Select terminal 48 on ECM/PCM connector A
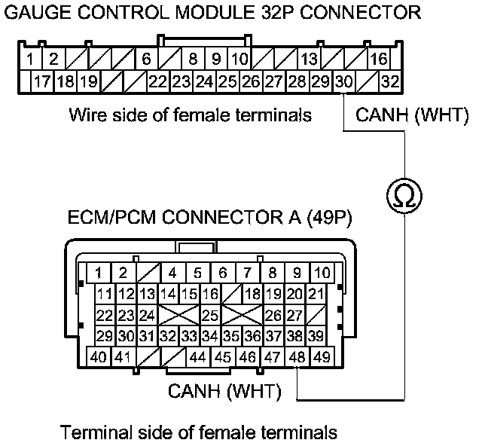click(297, 356)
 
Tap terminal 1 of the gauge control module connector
click(29, 59)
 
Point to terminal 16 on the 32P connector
click(379, 59)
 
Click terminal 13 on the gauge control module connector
click(309, 59)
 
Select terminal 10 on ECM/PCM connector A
click(322, 272)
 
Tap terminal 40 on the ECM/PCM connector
click(98, 356)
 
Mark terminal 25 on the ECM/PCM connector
click(210, 314)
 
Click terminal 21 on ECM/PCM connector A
click(316, 293)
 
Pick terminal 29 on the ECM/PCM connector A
click(105, 335)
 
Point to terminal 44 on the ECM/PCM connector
click(198, 356)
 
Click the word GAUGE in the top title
click(36, 13)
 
